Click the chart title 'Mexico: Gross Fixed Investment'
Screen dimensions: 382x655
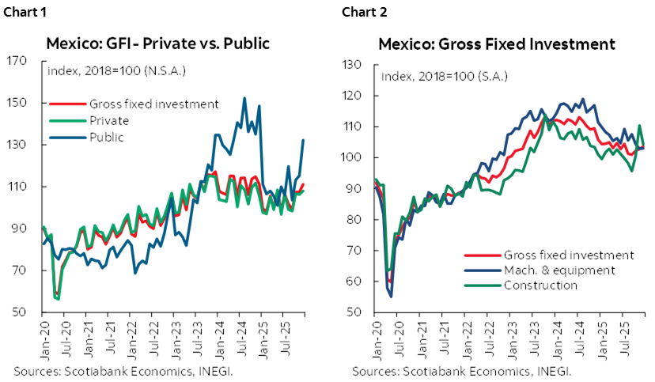coord(496,43)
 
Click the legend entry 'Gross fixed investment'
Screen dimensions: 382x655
coord(568,255)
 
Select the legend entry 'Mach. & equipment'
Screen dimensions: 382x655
coord(558,270)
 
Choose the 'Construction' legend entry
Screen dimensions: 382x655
coord(540,285)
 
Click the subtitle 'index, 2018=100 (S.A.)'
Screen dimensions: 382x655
coord(444,77)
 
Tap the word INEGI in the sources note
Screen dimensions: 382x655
coord(551,370)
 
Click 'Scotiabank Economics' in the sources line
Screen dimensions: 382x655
coord(470,370)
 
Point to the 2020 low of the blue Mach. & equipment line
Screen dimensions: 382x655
coord(391,296)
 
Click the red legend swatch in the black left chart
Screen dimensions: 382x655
coord(68,104)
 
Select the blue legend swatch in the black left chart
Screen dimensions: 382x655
coord(68,137)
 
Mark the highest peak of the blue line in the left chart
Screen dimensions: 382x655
coord(244,98)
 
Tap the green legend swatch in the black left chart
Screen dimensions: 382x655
coord(68,120)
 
